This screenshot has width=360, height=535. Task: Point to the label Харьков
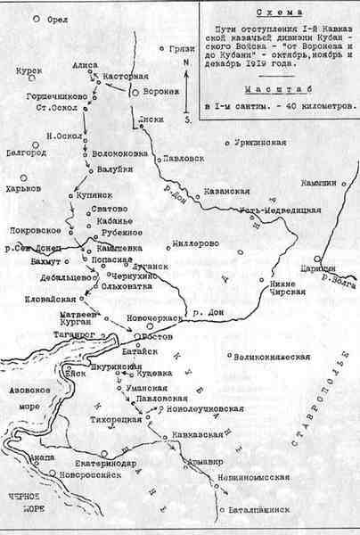click(x=24, y=189)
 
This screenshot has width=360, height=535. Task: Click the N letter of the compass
click(x=184, y=64)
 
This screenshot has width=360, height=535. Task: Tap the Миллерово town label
click(x=195, y=243)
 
